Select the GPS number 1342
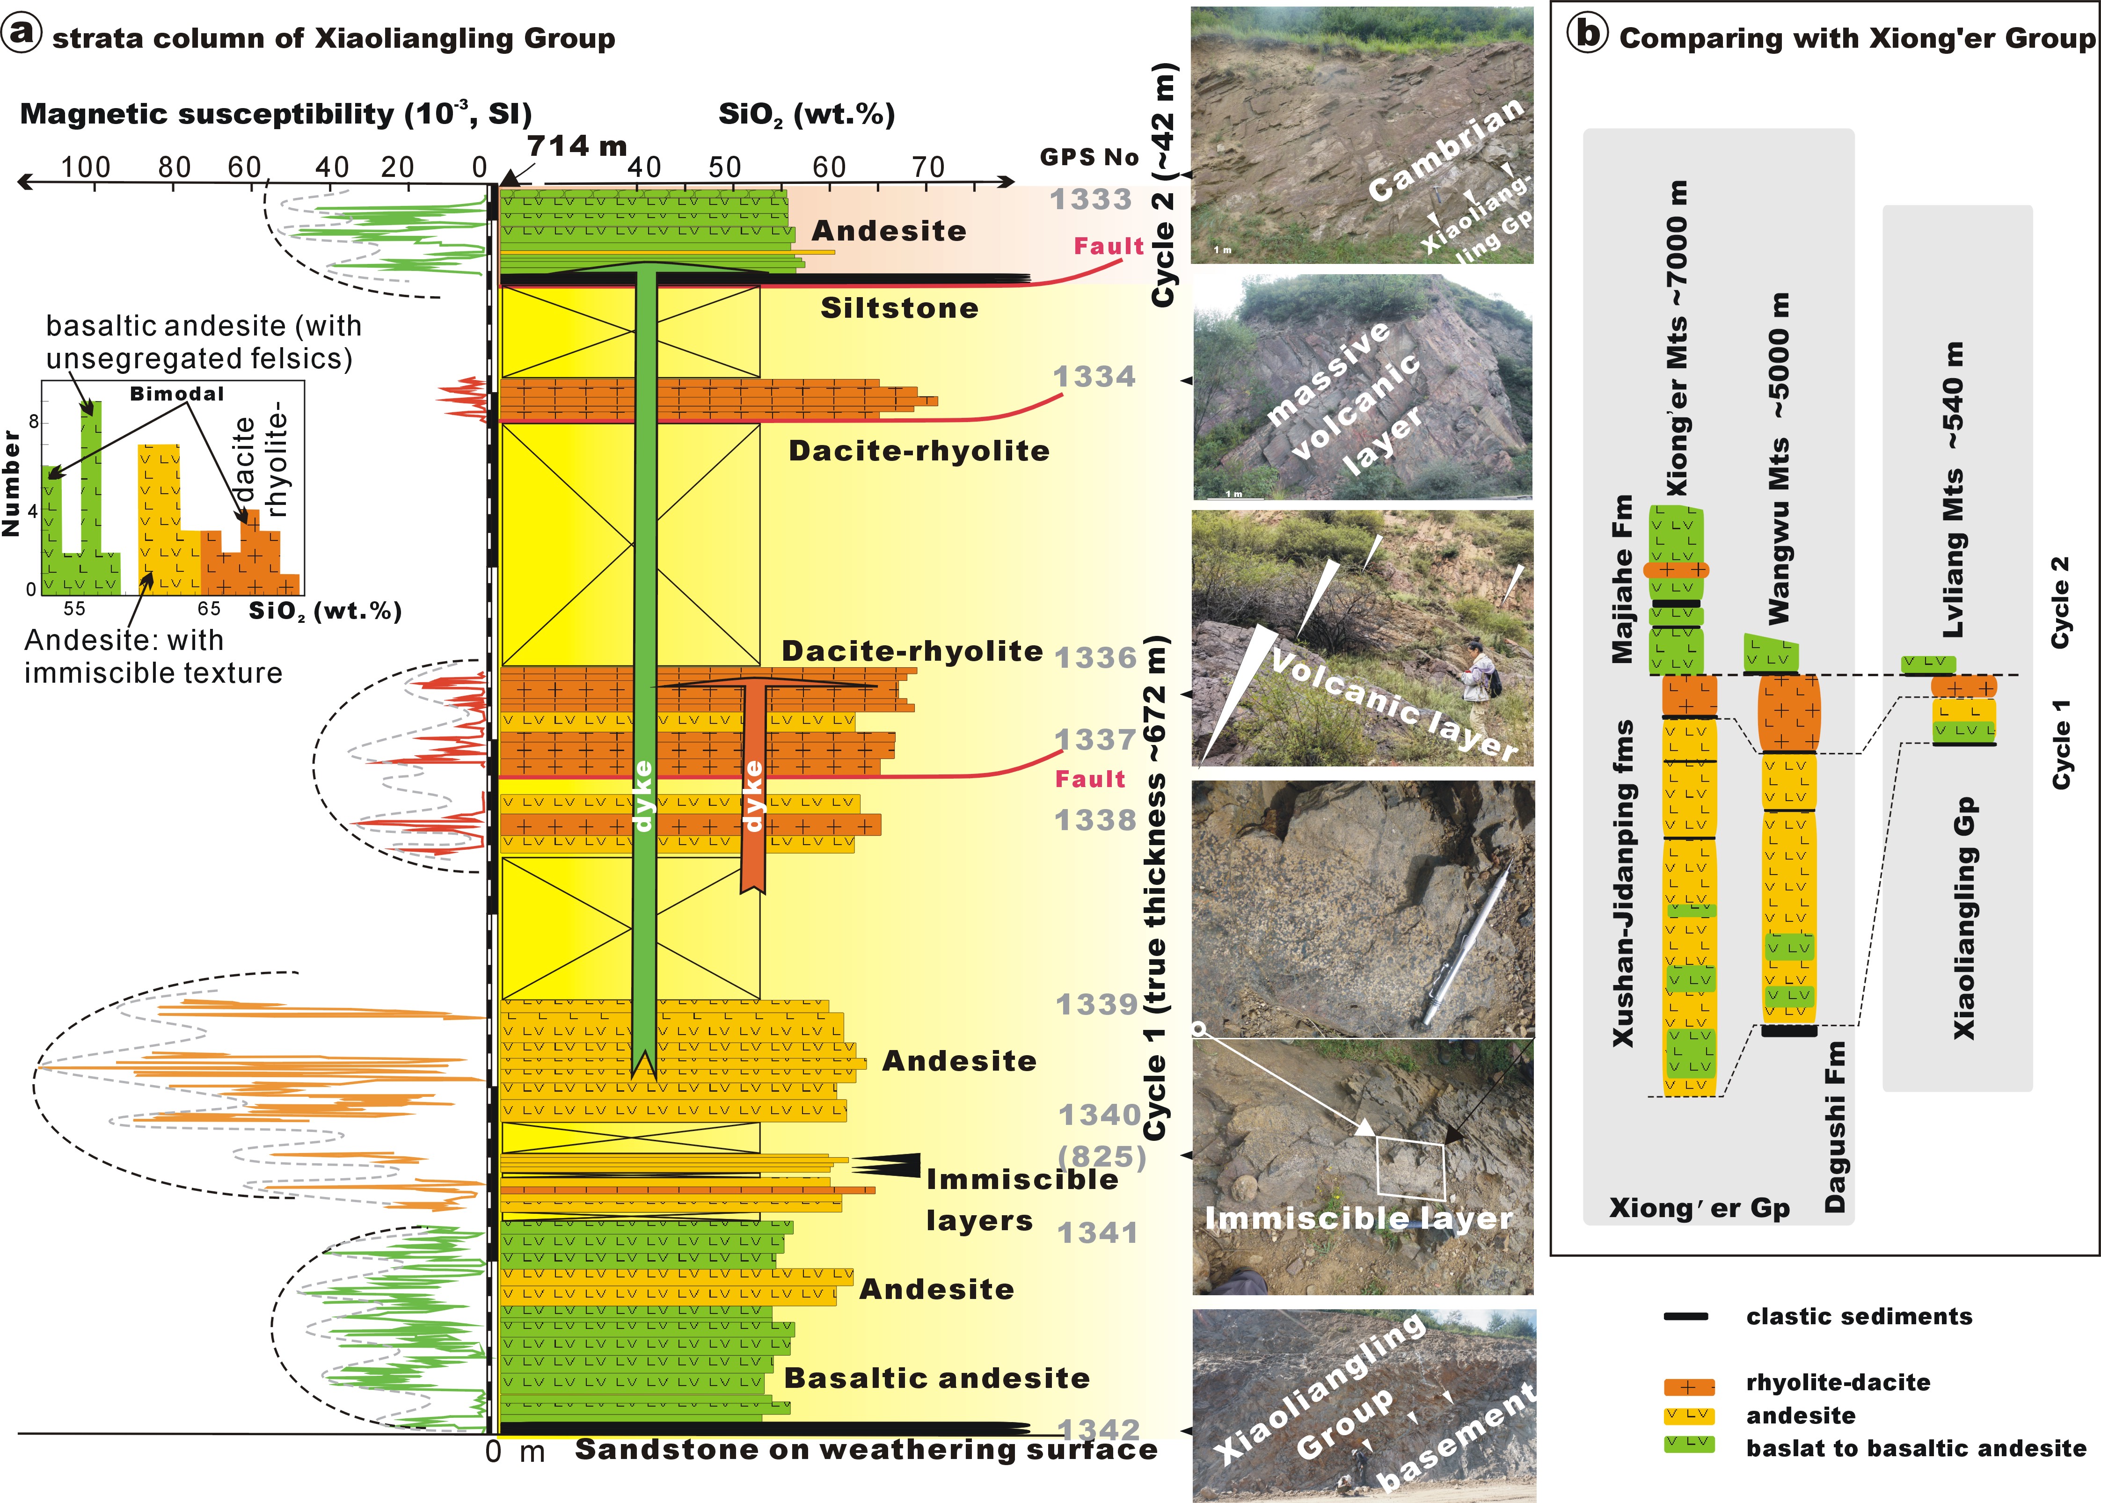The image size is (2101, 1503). [x=1099, y=1430]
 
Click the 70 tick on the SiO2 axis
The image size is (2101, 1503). [x=927, y=168]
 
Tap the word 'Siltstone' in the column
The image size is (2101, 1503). [x=899, y=308]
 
